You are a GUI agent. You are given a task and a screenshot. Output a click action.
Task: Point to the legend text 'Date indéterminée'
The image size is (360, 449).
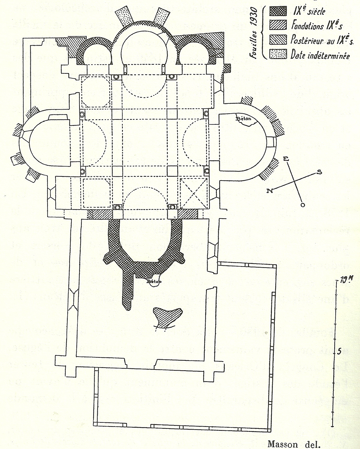click(320, 55)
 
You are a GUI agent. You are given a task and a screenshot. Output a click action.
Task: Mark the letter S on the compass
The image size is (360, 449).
click(320, 172)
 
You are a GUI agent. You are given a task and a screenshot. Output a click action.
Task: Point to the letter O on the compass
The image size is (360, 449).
click(303, 205)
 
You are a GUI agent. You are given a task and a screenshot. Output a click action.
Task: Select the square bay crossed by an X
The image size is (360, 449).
click(194, 192)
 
